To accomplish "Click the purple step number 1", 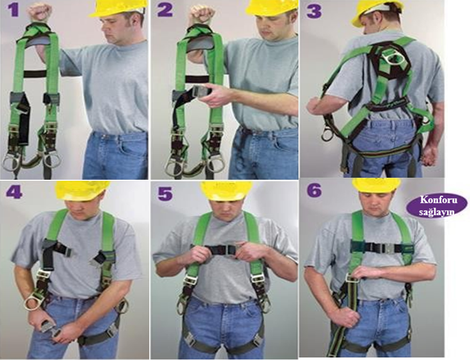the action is [x=14, y=10].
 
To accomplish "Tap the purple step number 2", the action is [x=165, y=10].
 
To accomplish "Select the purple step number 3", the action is [x=314, y=12].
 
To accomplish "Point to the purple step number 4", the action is [x=14, y=191].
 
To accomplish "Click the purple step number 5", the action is [x=165, y=193].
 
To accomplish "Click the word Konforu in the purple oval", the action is [x=437, y=200].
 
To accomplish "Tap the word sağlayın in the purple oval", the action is [x=437, y=212].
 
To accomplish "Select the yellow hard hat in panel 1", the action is [x=119, y=9].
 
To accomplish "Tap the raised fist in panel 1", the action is [x=39, y=13].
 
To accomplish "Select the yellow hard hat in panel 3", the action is [x=376, y=12].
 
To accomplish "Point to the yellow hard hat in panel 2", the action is [x=272, y=7].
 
